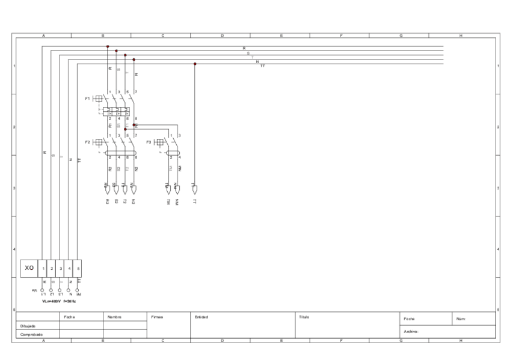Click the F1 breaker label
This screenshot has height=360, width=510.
coord(88,97)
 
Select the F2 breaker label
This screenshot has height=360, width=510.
coord(88,142)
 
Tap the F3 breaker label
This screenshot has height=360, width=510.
coord(149,142)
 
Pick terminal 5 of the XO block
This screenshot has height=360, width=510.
coord(78,267)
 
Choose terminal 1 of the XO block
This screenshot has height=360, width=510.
coord(43,267)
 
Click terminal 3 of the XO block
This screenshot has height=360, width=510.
coord(61,267)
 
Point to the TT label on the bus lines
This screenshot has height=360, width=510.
coord(262,66)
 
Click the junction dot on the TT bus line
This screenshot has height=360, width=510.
coord(195,64)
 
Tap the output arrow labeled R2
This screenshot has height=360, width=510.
coord(108,189)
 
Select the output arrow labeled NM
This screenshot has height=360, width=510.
coord(177,189)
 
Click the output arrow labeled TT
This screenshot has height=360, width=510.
coord(194,189)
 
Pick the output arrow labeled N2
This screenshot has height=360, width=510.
coord(134,189)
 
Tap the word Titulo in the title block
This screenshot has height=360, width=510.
coord(304,317)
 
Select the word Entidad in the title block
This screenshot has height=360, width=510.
coord(201,317)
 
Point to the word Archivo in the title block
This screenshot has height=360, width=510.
coord(411,331)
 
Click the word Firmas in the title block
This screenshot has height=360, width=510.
coord(157,317)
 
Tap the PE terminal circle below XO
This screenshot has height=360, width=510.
coord(78,290)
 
